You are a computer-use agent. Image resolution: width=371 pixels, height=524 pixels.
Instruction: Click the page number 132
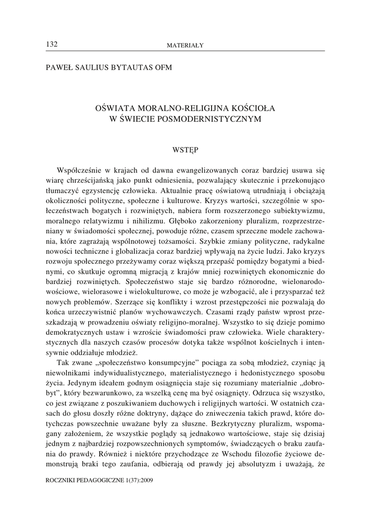[x=52, y=45]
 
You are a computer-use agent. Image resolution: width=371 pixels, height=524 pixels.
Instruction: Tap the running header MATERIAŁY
[x=185, y=46]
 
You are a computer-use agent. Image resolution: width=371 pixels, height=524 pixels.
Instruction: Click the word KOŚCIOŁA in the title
[x=250, y=108]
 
